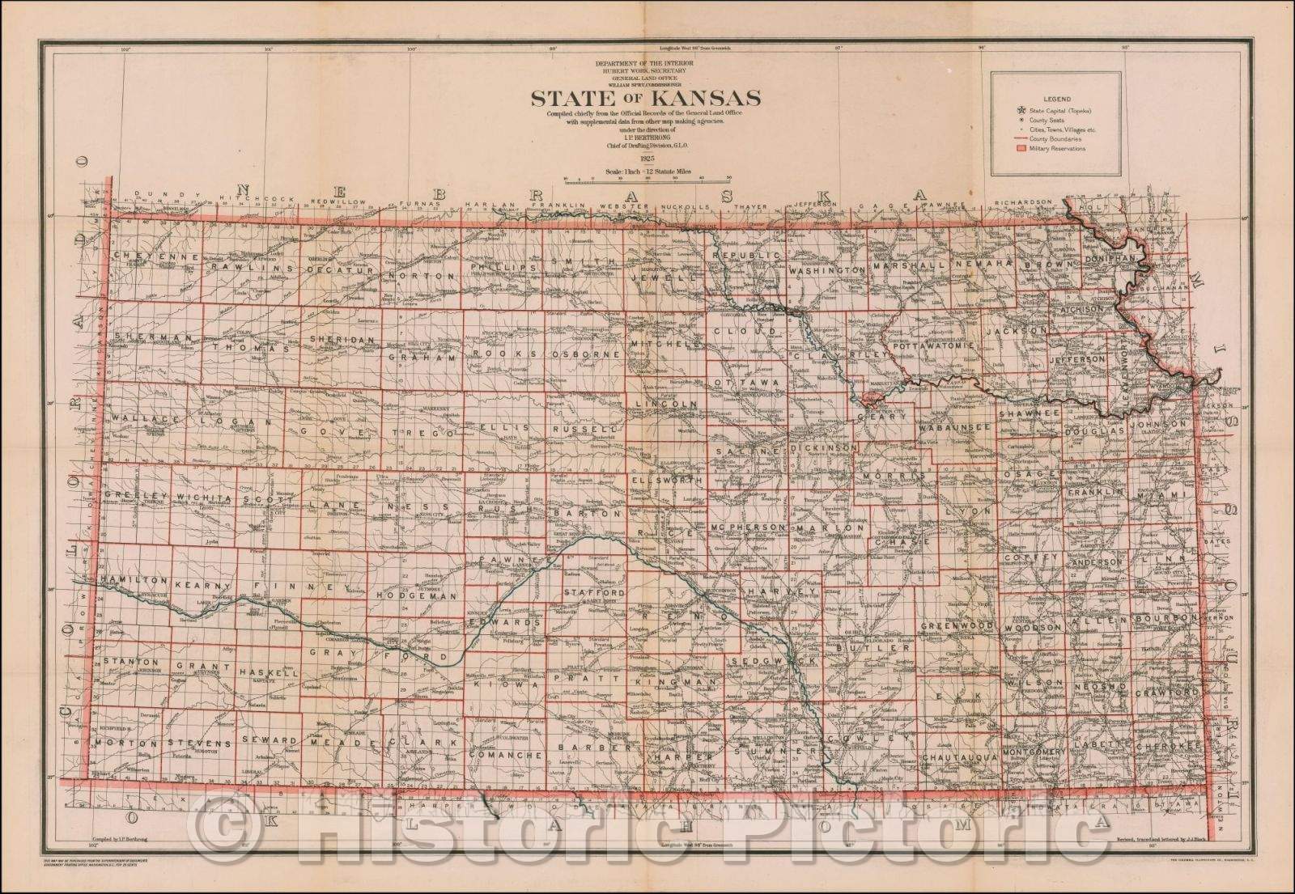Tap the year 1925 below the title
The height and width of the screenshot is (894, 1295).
[x=645, y=160]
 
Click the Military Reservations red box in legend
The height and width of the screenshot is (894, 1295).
[x=1021, y=149]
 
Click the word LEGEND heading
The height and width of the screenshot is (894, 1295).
[x=1057, y=95]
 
